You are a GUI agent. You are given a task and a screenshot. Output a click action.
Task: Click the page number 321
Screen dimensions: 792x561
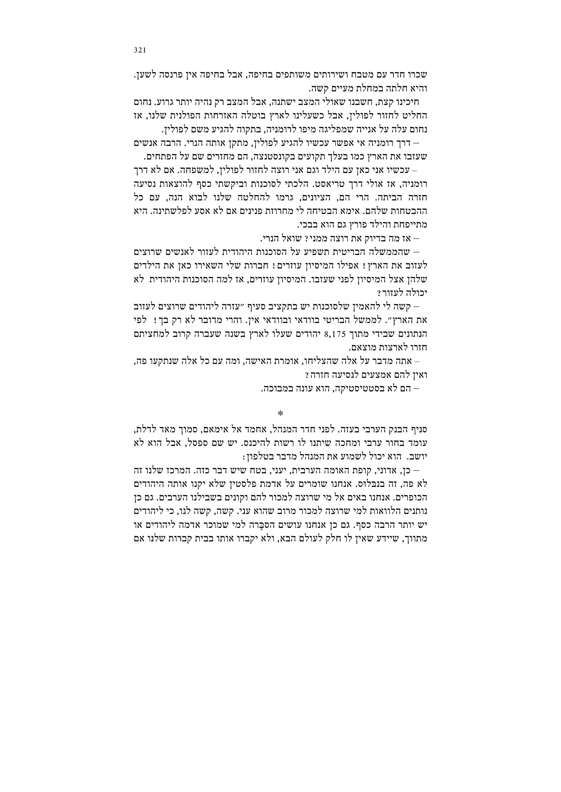point(140,50)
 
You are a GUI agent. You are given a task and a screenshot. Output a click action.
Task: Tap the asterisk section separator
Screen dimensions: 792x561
point(280,413)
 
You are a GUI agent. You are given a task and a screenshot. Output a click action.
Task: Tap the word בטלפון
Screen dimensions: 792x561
point(258,456)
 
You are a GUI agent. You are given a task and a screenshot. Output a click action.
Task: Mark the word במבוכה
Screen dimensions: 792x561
point(275,388)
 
